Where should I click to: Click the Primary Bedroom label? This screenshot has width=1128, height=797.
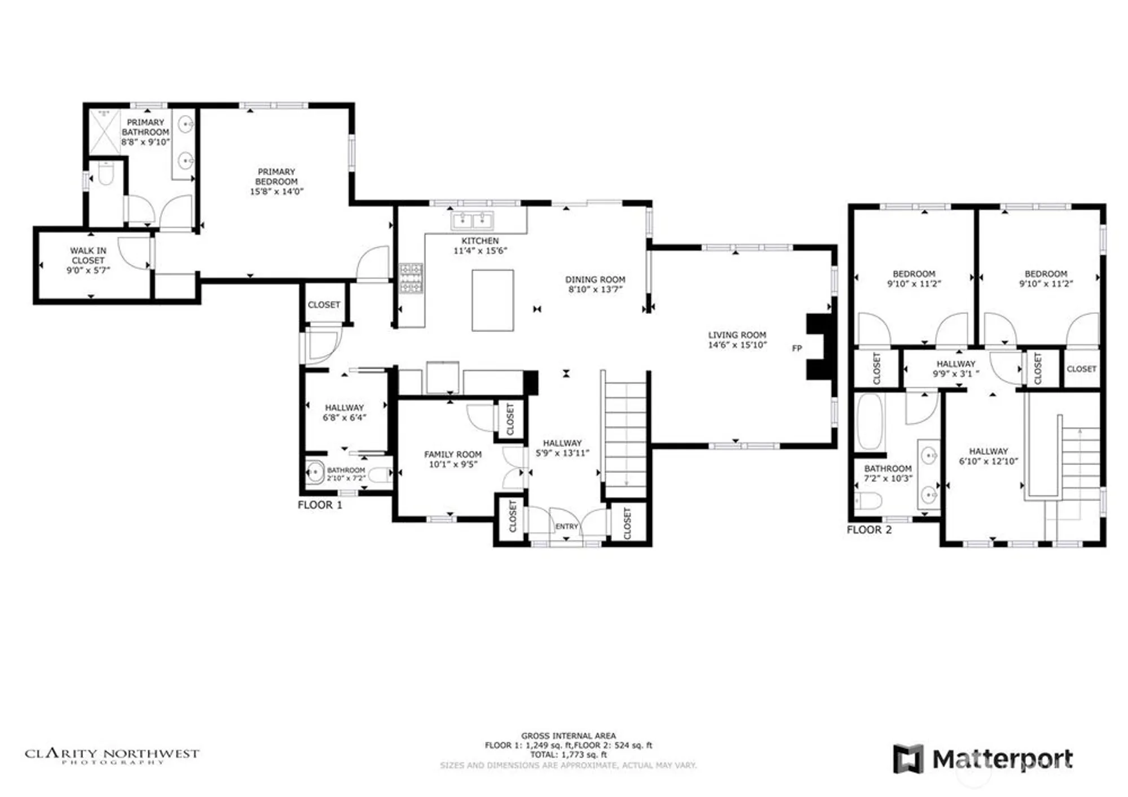276,176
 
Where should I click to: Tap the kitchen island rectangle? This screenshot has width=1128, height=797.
492,300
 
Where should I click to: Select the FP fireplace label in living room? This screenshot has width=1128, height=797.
796,348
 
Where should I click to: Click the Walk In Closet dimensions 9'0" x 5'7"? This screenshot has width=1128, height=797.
88,270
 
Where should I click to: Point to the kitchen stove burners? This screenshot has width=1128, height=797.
411,278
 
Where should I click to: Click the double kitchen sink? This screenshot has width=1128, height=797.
472,220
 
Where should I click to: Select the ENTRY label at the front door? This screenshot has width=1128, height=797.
566,526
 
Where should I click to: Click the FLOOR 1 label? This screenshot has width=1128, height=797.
320,505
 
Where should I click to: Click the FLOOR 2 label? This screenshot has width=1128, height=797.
869,530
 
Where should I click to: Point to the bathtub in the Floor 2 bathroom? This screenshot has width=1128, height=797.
869,422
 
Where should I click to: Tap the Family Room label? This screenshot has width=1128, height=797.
453,454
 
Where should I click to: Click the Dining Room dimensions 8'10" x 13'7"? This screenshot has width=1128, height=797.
595,290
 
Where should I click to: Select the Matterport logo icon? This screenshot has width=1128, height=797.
907,759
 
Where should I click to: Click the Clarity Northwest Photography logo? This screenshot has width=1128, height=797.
112,755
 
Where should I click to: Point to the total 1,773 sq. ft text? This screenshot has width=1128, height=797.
568,754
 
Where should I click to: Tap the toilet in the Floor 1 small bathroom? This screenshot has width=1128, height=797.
380,475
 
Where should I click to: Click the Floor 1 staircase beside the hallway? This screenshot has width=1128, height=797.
625,434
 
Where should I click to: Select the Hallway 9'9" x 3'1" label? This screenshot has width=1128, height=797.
955,368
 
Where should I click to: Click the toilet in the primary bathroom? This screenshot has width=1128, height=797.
105,175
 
